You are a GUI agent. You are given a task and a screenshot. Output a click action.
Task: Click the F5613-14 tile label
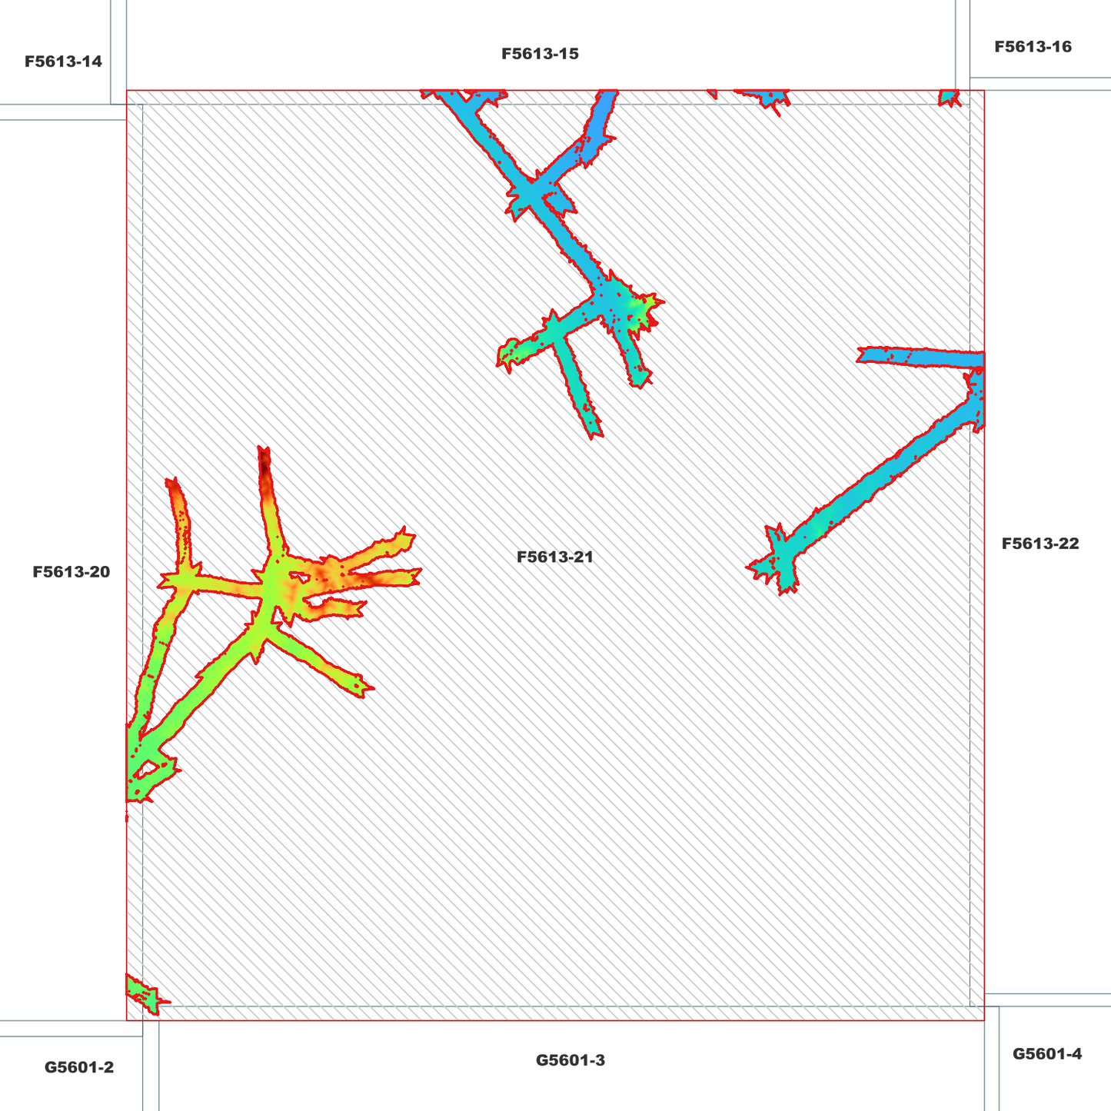(63, 61)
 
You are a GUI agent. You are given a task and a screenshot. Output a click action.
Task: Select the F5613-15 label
(540, 54)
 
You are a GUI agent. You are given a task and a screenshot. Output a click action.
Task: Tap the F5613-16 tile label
(1033, 47)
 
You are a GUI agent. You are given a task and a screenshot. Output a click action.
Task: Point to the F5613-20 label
(72, 572)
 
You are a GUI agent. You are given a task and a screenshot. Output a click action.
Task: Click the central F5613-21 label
(554, 557)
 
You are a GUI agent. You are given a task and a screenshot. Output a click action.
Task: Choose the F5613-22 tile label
(1040, 544)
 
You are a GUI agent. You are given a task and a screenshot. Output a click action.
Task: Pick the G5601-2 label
(79, 1067)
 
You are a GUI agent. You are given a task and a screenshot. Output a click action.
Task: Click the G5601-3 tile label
(570, 1060)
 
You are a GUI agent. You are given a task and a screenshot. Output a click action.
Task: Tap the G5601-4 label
(1047, 1054)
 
